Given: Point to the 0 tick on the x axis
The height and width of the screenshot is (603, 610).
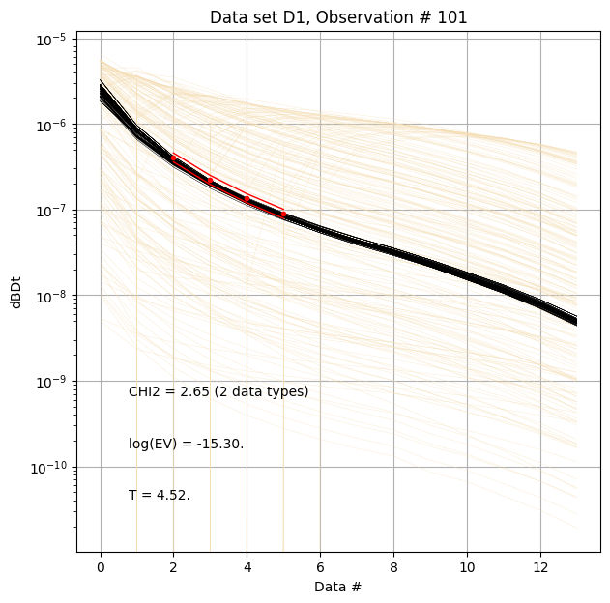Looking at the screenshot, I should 101,565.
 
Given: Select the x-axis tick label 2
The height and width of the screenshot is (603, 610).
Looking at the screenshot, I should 174,565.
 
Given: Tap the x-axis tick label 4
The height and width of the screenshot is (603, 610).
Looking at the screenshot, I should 247,565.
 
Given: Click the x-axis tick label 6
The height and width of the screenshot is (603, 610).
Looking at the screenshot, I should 320,565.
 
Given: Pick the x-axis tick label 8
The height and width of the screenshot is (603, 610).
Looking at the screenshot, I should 393,565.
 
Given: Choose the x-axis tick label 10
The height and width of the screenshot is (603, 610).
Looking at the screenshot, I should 467,565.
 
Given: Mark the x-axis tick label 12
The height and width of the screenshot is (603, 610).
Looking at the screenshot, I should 539,565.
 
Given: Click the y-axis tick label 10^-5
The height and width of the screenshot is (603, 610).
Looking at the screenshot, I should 51,40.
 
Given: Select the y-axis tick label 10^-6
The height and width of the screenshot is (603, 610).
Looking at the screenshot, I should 51,125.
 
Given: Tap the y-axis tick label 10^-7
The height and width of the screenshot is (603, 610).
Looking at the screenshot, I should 51,211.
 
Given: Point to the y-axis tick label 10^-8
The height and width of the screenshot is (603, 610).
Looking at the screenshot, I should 51,296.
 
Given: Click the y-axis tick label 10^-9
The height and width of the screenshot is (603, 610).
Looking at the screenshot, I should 51,382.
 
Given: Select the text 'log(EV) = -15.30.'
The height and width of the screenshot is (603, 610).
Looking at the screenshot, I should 186,445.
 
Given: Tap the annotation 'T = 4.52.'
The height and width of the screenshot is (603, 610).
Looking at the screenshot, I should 159,496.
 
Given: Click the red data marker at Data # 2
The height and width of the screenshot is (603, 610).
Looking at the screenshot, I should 174,158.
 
